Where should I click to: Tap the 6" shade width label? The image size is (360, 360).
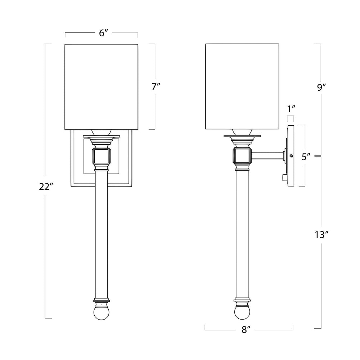[104, 33]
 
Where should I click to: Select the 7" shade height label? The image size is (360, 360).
[156, 87]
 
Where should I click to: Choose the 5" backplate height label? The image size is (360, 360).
[306, 157]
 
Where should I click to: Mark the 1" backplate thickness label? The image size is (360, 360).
[291, 109]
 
